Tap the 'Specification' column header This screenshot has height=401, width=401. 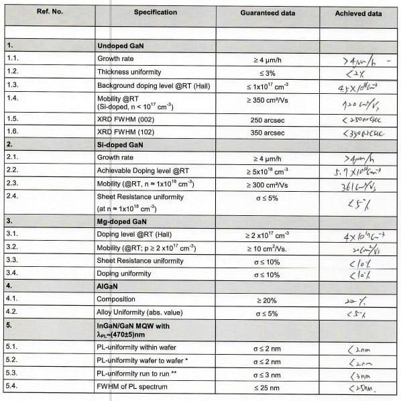click(x=156, y=13)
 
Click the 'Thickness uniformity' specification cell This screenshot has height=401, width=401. click(x=129, y=72)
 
